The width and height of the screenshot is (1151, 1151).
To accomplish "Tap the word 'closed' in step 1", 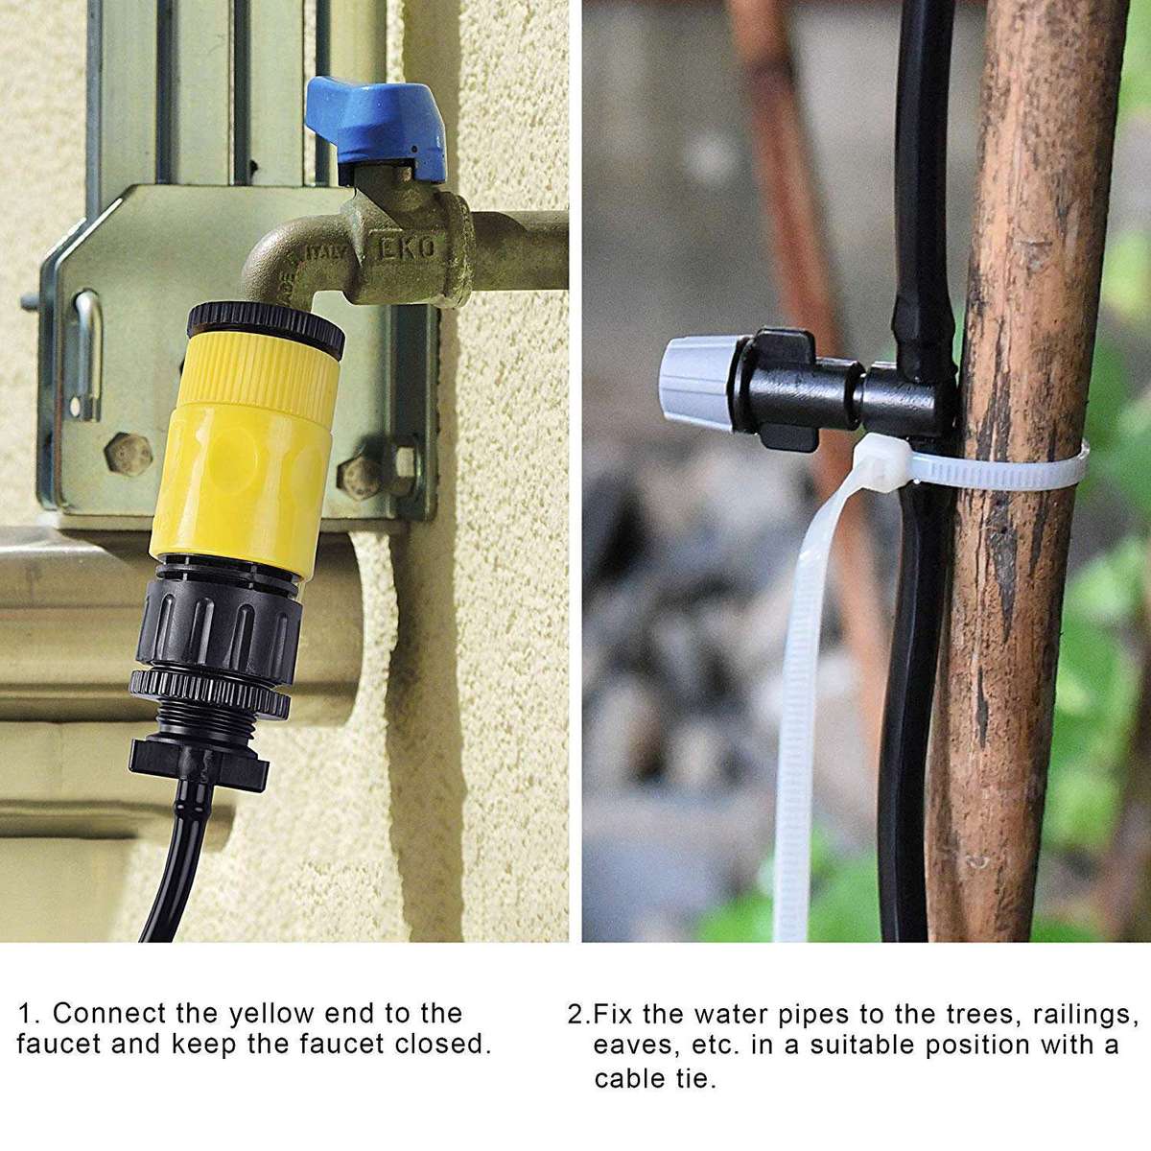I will click(443, 1044).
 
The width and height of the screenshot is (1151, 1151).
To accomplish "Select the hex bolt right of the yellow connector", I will click(363, 473).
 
